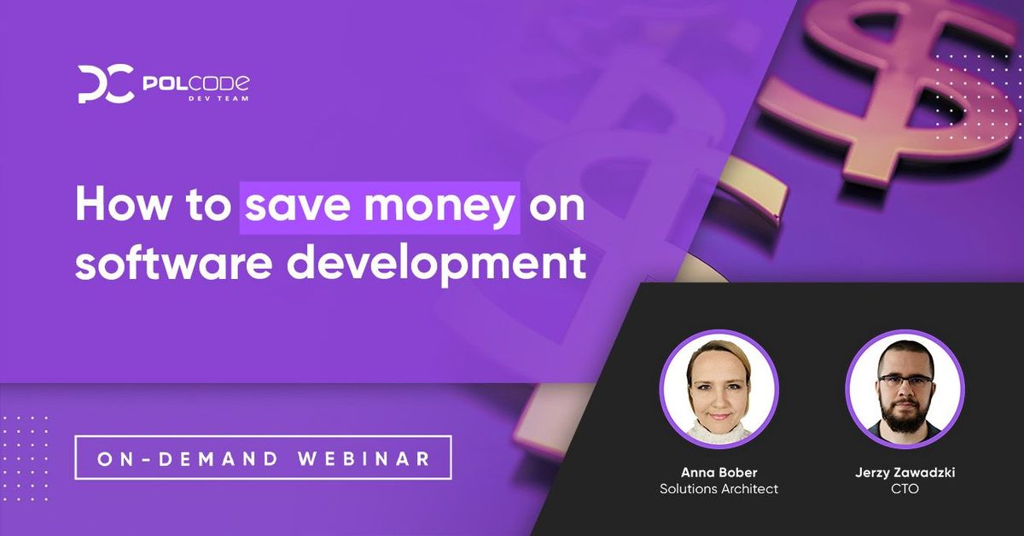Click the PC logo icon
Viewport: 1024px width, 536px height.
coord(105,84)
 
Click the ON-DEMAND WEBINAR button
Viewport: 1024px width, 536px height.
coord(263,458)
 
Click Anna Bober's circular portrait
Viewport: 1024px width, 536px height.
coord(719,389)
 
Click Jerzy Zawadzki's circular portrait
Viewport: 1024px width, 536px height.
coord(905,389)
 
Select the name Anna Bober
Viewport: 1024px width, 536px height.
coord(719,472)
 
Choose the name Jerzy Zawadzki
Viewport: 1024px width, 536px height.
coord(905,472)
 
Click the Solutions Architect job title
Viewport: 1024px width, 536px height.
coord(719,489)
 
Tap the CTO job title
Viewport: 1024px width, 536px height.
coord(905,489)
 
